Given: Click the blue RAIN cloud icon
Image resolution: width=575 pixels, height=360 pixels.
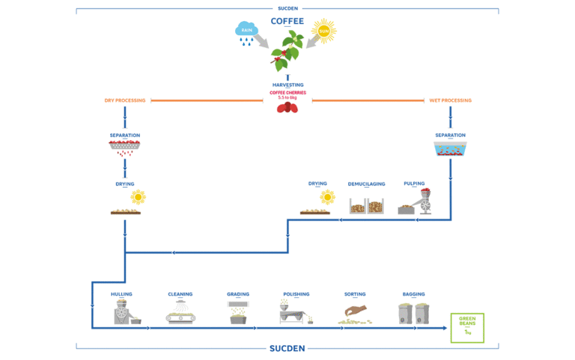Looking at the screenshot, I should point(246,31).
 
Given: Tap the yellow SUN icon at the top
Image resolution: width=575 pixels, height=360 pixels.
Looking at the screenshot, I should point(324,31).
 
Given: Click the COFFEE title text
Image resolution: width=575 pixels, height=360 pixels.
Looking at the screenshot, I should point(287,21).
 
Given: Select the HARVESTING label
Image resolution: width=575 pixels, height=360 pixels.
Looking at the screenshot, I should point(287,85).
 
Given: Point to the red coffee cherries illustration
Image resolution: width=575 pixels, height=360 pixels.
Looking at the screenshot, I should point(287,108).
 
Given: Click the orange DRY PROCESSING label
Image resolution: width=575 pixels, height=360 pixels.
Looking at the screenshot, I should point(124,100).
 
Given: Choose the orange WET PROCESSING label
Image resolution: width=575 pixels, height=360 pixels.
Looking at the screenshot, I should point(450,100).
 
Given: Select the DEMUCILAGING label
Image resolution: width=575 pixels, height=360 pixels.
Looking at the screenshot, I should point(366,183).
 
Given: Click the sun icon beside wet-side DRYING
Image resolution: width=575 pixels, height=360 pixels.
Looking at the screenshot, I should point(327,197).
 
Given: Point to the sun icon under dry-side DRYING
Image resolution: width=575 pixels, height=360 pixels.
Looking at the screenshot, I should point(138,197).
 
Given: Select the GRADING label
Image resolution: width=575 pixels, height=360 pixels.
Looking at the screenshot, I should point(238,294).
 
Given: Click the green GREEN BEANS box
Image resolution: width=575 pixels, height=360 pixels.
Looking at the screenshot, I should point(467,327).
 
